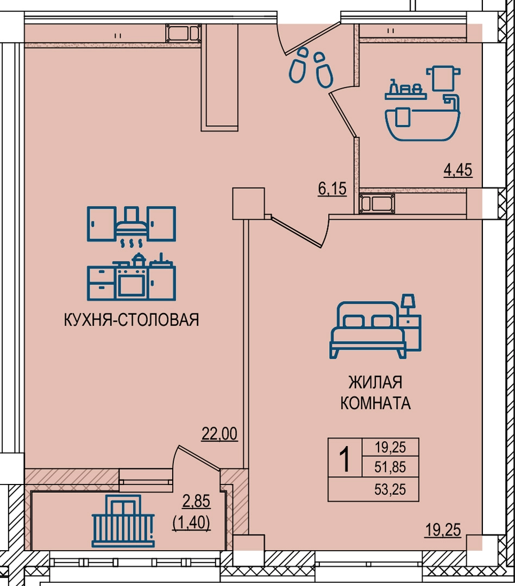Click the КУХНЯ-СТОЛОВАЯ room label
tap(131, 320)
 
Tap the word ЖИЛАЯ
tap(375, 383)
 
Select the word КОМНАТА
tap(375, 403)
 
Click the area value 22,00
tap(219, 434)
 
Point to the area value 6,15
tap(332, 189)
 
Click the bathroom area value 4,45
tap(458, 170)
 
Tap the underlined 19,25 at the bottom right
tap(443, 530)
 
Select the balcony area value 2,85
tap(196, 501)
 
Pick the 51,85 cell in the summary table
tap(391, 467)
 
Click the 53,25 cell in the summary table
tap(391, 489)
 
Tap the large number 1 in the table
tap(345, 460)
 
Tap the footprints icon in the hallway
tap(311, 67)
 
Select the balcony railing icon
tap(123, 521)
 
